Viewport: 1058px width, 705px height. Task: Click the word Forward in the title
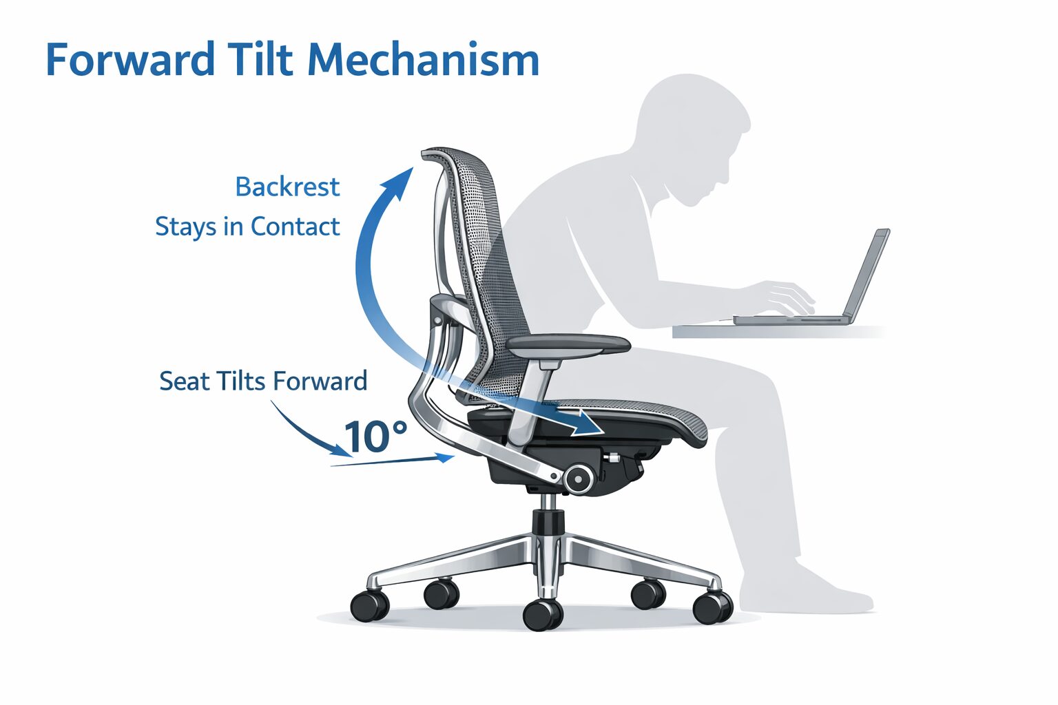(x=130, y=60)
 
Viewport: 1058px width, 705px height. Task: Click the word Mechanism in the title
(x=423, y=60)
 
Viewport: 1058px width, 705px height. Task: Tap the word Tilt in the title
(x=261, y=59)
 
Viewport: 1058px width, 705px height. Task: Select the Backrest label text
(x=287, y=187)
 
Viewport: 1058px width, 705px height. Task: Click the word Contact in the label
(x=295, y=227)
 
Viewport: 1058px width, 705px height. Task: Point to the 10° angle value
(x=375, y=436)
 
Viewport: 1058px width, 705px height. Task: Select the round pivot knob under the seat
(x=578, y=478)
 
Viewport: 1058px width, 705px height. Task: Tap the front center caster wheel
(x=543, y=615)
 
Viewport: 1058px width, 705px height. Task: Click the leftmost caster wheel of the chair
(x=370, y=605)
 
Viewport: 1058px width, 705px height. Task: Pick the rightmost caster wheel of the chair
(x=713, y=608)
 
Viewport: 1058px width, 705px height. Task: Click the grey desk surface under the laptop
(x=779, y=332)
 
